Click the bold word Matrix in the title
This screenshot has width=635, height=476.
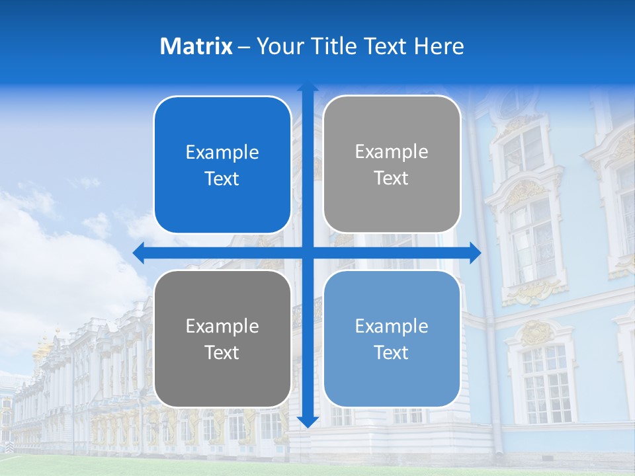(x=196, y=46)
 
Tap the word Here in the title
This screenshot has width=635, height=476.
(x=439, y=46)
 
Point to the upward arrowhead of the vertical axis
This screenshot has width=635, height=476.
(x=308, y=89)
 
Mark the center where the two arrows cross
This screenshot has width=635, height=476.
(x=308, y=253)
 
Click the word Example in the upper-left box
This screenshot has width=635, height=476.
(x=222, y=153)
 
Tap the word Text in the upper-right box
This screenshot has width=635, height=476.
(x=392, y=178)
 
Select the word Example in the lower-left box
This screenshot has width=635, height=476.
(x=222, y=327)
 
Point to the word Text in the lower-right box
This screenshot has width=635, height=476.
(x=392, y=352)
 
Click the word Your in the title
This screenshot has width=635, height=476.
(x=276, y=46)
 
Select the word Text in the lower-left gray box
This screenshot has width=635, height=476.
(x=222, y=352)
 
